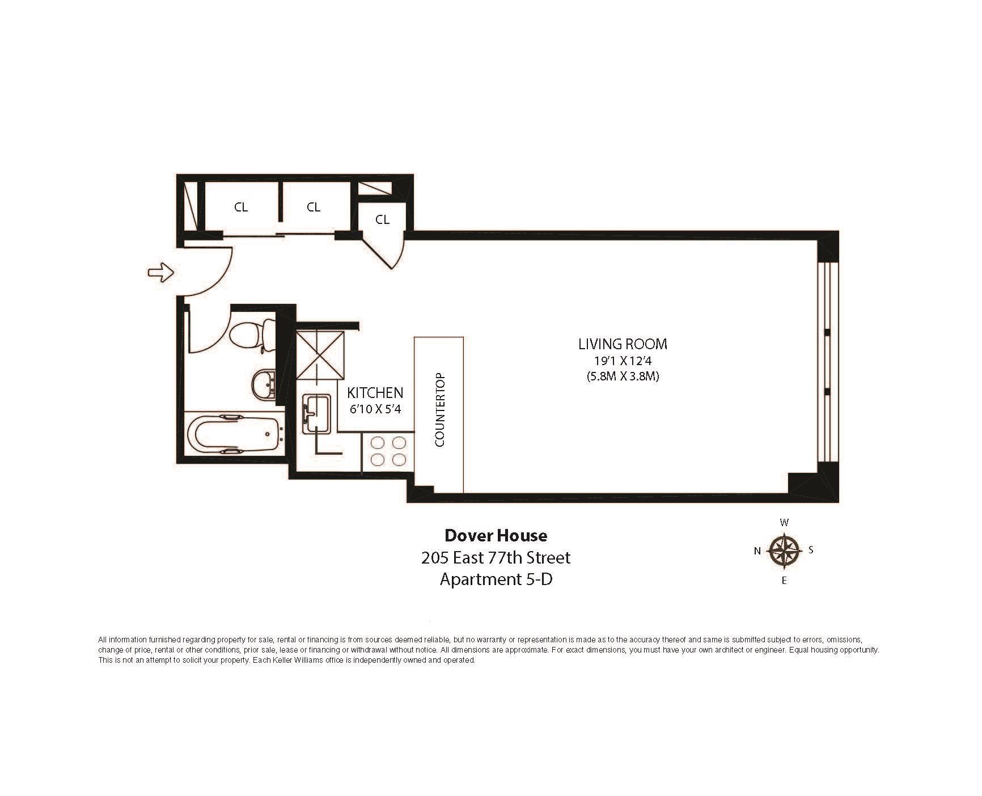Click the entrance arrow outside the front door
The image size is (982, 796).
coord(160,272)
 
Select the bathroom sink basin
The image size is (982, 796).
coord(263,385)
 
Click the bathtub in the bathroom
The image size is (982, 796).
coord(234,434)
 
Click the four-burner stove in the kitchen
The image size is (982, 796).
coord(388,451)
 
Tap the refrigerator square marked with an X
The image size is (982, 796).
coord(320,355)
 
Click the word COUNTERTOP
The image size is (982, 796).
coord(439,410)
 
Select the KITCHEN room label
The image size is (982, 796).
coord(375,392)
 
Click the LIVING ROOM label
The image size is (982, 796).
coord(623,344)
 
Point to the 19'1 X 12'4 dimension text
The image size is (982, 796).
coord(623,361)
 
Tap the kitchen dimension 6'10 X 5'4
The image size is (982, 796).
coord(375,409)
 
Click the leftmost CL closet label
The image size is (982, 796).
coord(241,208)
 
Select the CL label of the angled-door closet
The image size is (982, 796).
coord(383,219)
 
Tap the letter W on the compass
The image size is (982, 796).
coord(784,523)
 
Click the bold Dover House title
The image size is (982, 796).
coord(496,535)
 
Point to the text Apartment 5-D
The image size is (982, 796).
coord(496,579)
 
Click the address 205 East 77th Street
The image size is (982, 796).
coord(496,558)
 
